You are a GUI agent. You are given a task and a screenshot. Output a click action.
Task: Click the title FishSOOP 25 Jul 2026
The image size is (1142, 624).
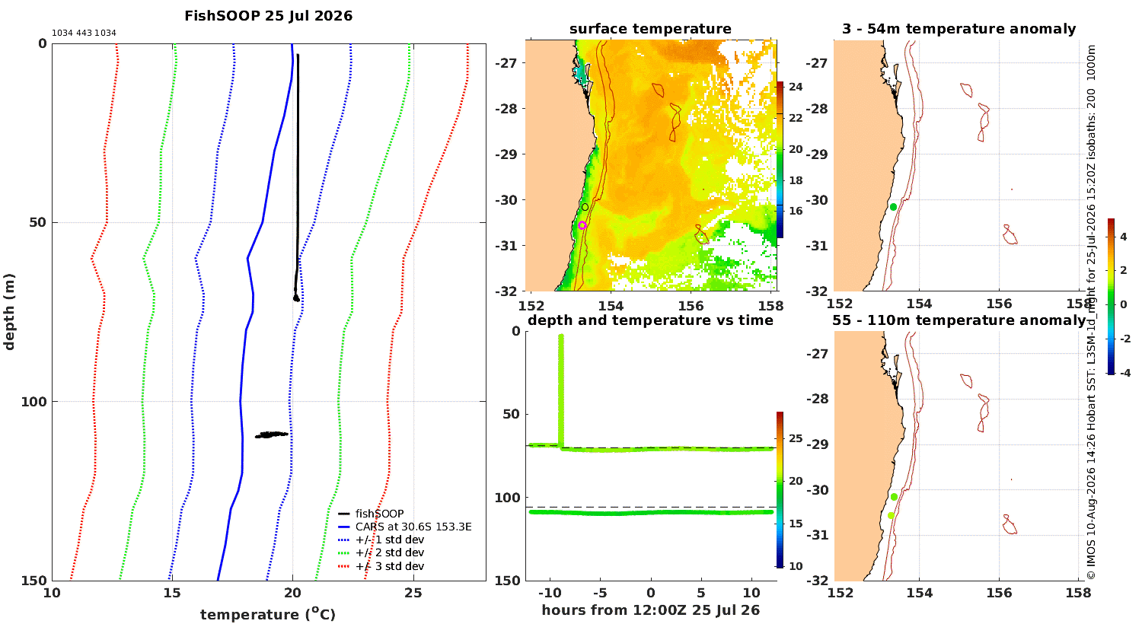click(268, 16)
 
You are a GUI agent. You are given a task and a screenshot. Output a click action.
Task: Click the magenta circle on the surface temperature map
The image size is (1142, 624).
click(582, 225)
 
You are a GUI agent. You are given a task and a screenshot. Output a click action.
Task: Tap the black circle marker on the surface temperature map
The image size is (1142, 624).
click(585, 207)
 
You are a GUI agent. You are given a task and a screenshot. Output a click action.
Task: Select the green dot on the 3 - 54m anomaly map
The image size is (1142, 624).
click(893, 207)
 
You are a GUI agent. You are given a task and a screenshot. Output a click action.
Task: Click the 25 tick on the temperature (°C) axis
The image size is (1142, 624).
click(413, 593)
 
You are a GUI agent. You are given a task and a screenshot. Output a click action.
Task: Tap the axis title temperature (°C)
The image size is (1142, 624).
click(268, 614)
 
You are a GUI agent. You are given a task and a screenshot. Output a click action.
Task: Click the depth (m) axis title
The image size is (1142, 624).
click(9, 312)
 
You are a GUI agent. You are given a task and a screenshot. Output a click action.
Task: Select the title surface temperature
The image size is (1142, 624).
click(650, 29)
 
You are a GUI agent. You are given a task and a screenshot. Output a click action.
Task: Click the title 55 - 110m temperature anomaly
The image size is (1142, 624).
click(959, 320)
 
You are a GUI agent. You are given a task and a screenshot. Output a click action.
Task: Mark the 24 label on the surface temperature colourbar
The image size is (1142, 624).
click(796, 87)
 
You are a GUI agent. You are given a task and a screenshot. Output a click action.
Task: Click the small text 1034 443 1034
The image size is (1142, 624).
click(84, 33)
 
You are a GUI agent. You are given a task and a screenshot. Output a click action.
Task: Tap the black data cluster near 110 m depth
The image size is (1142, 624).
click(271, 435)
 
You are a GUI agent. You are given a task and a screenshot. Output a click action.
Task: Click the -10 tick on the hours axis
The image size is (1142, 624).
click(549, 593)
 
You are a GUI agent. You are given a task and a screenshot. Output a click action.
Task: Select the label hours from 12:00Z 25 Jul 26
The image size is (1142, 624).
click(650, 610)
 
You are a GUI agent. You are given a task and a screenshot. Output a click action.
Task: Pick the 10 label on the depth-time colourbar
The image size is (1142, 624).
click(796, 566)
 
